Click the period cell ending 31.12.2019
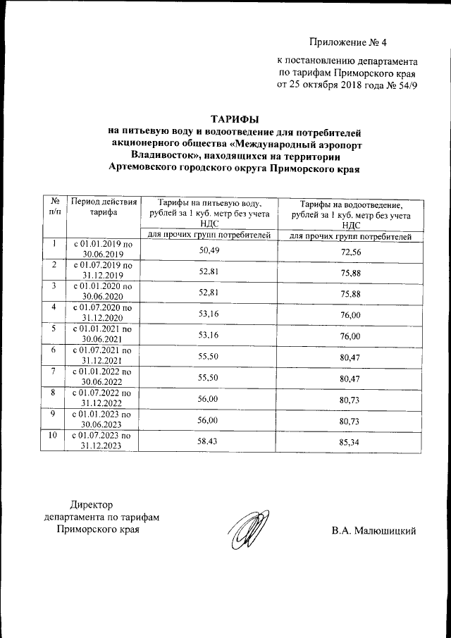pos(103,271)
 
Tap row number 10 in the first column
pos(52,435)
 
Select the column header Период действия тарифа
pos(103,207)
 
